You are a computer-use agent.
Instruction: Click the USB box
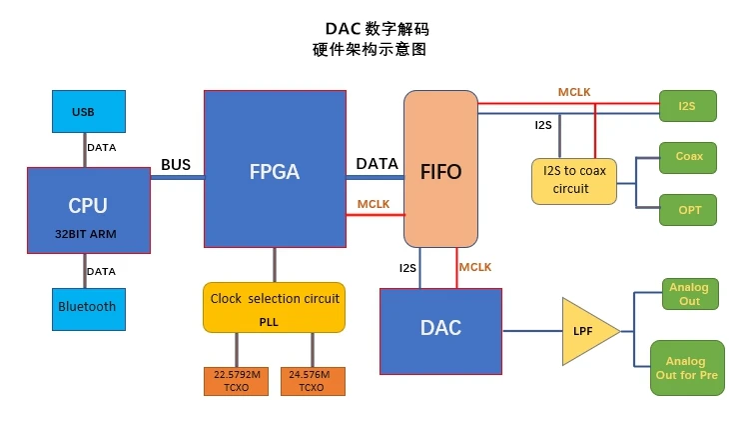pyautogui.click(x=89, y=111)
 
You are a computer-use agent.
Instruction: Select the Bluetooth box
pyautogui.click(x=89, y=308)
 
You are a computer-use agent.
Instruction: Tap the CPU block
pyautogui.click(x=88, y=210)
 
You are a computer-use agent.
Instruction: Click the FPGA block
pyautogui.click(x=274, y=168)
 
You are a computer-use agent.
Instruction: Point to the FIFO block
pyautogui.click(x=440, y=169)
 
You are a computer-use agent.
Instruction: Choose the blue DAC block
pyautogui.click(x=440, y=328)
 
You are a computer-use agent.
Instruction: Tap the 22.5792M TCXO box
pyautogui.click(x=237, y=380)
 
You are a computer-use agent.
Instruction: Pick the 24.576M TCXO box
pyautogui.click(x=312, y=380)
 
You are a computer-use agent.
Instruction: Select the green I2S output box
pyautogui.click(x=687, y=105)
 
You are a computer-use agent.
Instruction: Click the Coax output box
pyautogui.click(x=688, y=157)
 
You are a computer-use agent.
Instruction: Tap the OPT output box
pyautogui.click(x=688, y=210)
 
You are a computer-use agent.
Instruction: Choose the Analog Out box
pyautogui.click(x=689, y=294)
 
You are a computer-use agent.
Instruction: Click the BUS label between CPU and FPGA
pyautogui.click(x=177, y=164)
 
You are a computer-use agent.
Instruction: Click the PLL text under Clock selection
pyautogui.click(x=269, y=321)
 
